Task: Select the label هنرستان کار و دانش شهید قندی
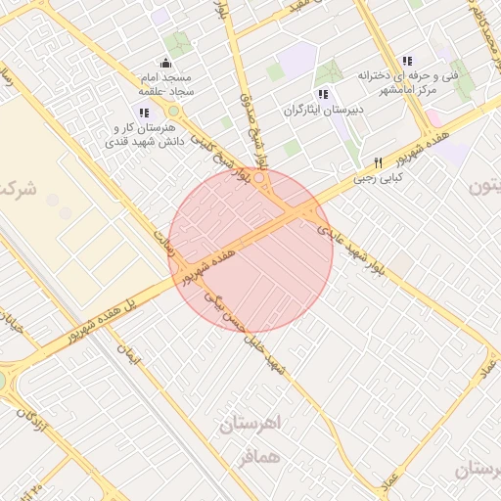tap(144, 134)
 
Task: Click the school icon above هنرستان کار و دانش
tap(144, 113)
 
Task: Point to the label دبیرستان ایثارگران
tap(323, 110)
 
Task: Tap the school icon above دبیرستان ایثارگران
tap(323, 94)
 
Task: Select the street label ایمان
tap(128, 356)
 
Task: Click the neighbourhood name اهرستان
tap(250, 425)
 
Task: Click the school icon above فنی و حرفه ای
tap(408, 61)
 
